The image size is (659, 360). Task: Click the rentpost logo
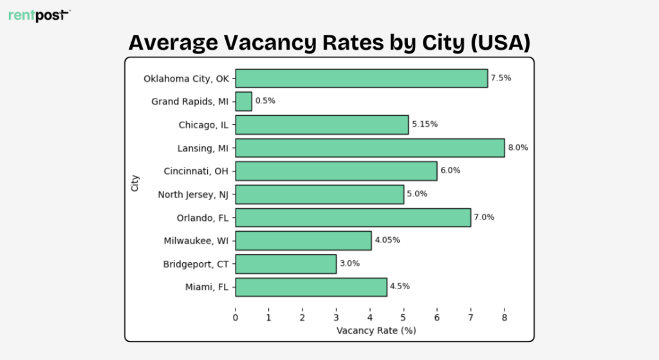pos(38,15)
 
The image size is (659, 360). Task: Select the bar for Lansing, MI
pos(369,148)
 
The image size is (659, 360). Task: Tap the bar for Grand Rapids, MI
pos(244,101)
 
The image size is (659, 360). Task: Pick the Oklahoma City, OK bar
pos(361,79)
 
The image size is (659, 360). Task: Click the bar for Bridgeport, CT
pos(286,264)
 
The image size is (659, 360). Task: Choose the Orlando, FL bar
pos(353,218)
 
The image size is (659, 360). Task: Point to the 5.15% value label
pos(425,124)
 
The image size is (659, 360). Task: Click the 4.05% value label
pos(387,240)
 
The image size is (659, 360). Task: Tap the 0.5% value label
pos(265,101)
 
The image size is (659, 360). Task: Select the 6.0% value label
pos(450,171)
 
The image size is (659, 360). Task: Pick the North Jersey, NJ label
pos(194,194)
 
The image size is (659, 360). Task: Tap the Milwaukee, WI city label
pos(197,241)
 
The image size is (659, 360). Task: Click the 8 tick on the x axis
pos(505,317)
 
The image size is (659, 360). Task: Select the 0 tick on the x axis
pos(236,317)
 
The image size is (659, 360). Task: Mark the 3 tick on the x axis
pos(336,317)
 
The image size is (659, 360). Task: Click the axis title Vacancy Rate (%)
pos(376,331)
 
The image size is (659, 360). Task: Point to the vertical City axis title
pos(135,183)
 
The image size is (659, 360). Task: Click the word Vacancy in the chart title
pos(270,43)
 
